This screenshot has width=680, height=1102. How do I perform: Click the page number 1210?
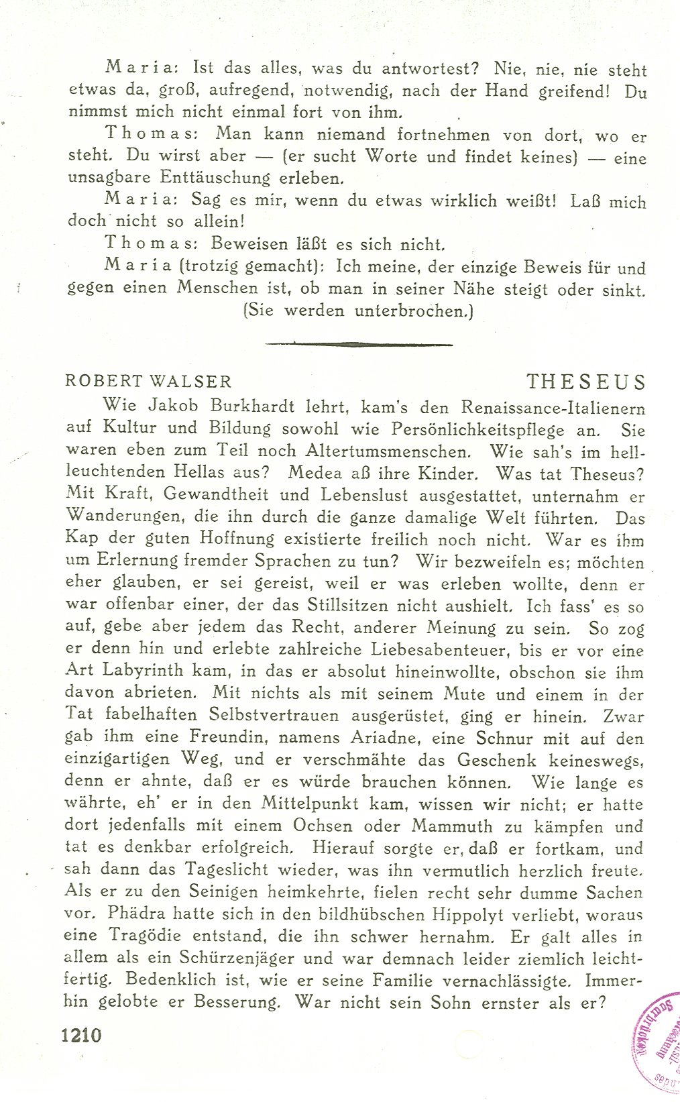(81, 1035)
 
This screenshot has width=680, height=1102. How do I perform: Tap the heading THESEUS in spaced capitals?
(585, 382)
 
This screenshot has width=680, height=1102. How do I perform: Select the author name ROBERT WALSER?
(148, 382)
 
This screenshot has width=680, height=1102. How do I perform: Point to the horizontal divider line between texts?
(359, 345)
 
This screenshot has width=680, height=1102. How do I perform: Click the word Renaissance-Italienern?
(553, 407)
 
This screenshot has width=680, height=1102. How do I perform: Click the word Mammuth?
(452, 826)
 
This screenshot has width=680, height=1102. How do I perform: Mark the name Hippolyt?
(468, 914)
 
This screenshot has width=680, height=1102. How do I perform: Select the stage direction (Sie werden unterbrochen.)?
(358, 311)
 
